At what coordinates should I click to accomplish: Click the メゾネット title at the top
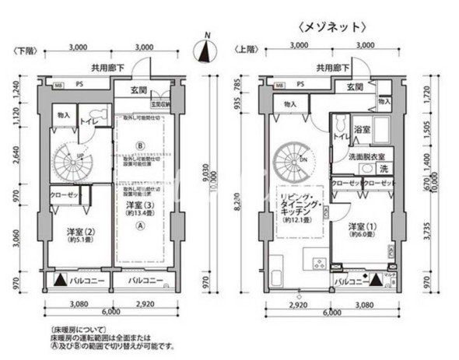(331, 26)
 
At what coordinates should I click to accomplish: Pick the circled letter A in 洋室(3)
(140, 226)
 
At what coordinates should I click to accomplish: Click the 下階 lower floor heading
(23, 50)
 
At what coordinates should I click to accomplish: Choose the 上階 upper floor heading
(246, 50)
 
